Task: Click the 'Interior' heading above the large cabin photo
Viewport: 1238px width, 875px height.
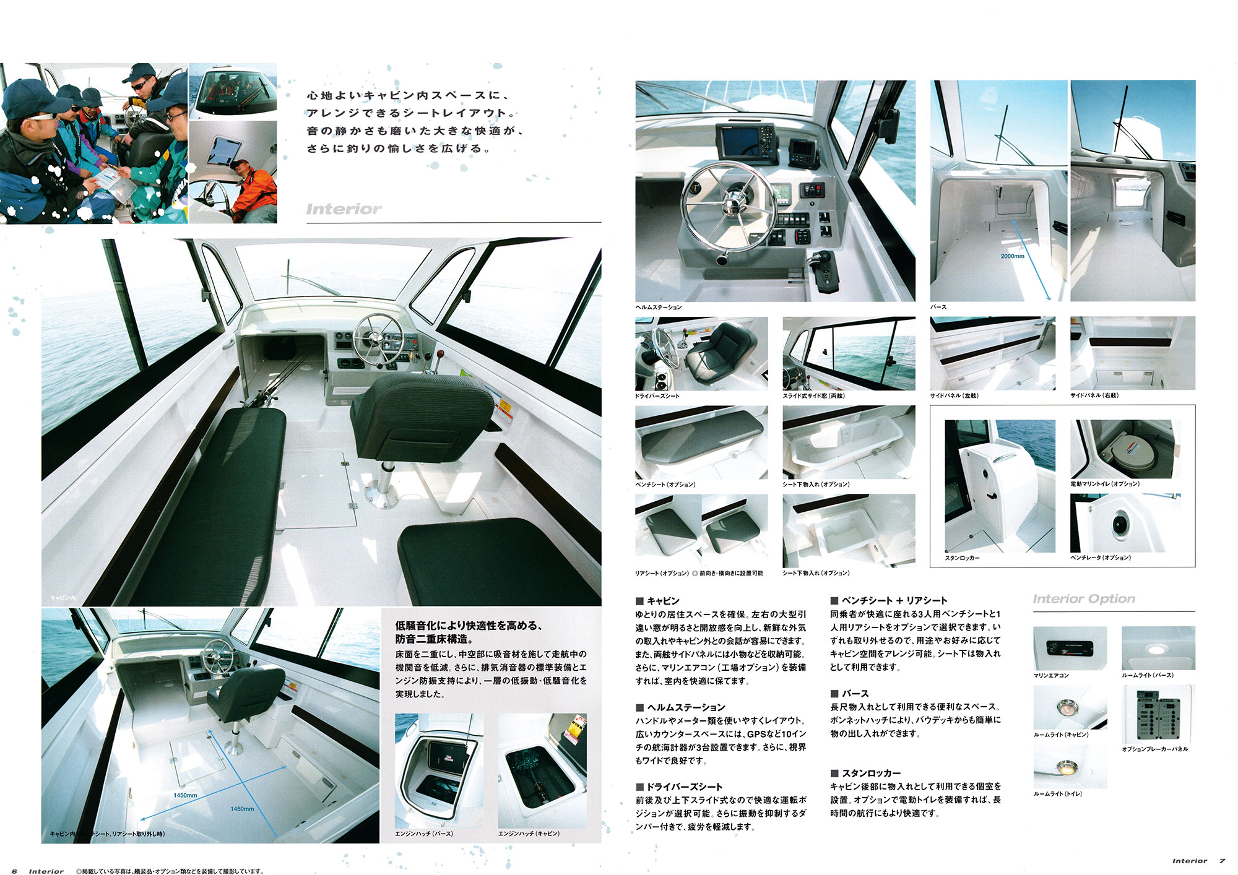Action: [x=344, y=209]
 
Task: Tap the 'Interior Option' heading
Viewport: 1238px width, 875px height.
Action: [x=1084, y=598]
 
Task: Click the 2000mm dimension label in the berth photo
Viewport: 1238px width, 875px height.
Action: [x=1012, y=256]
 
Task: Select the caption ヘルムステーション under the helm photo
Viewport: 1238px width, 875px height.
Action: [x=659, y=307]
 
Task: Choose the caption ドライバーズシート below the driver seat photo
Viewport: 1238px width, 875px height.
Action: [x=657, y=395]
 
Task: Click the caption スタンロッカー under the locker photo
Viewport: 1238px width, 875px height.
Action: [x=962, y=558]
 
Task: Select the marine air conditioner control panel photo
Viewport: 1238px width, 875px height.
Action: [x=1070, y=649]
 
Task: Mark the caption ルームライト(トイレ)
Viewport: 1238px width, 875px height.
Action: [x=1058, y=793]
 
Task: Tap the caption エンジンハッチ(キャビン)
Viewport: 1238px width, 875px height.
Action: [x=529, y=834]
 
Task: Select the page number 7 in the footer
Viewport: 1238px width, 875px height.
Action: [x=1223, y=861]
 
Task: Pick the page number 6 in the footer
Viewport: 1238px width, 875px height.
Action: [x=14, y=871]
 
